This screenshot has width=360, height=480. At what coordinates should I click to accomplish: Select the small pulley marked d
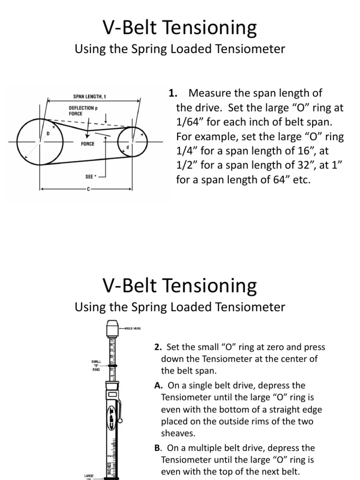point(132,140)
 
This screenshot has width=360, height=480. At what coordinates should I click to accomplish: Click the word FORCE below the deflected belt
point(88,144)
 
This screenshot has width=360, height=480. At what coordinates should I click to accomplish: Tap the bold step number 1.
point(172,93)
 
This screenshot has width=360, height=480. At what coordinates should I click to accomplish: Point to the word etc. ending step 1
point(301,180)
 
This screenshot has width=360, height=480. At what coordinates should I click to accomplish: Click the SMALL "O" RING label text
point(96,365)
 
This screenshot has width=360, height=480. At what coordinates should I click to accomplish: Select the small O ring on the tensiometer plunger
point(112,363)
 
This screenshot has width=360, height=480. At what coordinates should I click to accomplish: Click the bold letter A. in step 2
point(157,385)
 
